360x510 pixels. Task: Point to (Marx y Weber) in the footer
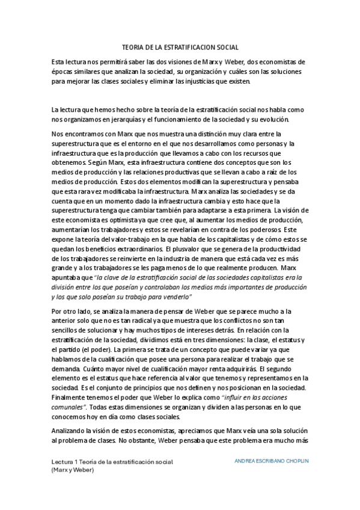73,470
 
